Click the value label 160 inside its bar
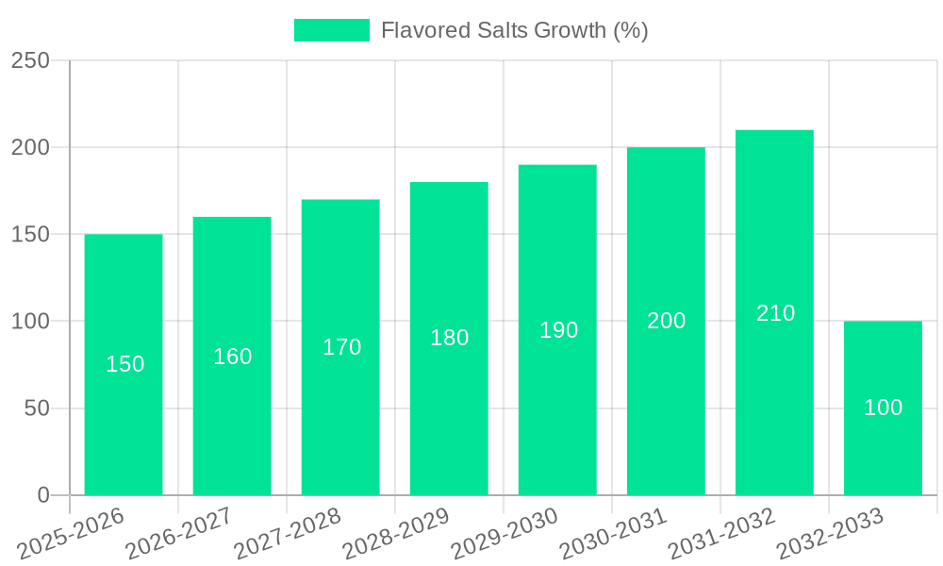coord(232,357)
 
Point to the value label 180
coord(449,338)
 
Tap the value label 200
coord(666,321)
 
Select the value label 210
coord(775,313)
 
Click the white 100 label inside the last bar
coord(883,408)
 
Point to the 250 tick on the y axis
coord(30,61)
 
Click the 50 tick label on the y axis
coord(37,409)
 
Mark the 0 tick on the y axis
coord(43,496)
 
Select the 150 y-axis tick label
coord(30,235)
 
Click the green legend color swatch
coord(331,30)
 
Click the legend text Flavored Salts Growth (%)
coord(514,30)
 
